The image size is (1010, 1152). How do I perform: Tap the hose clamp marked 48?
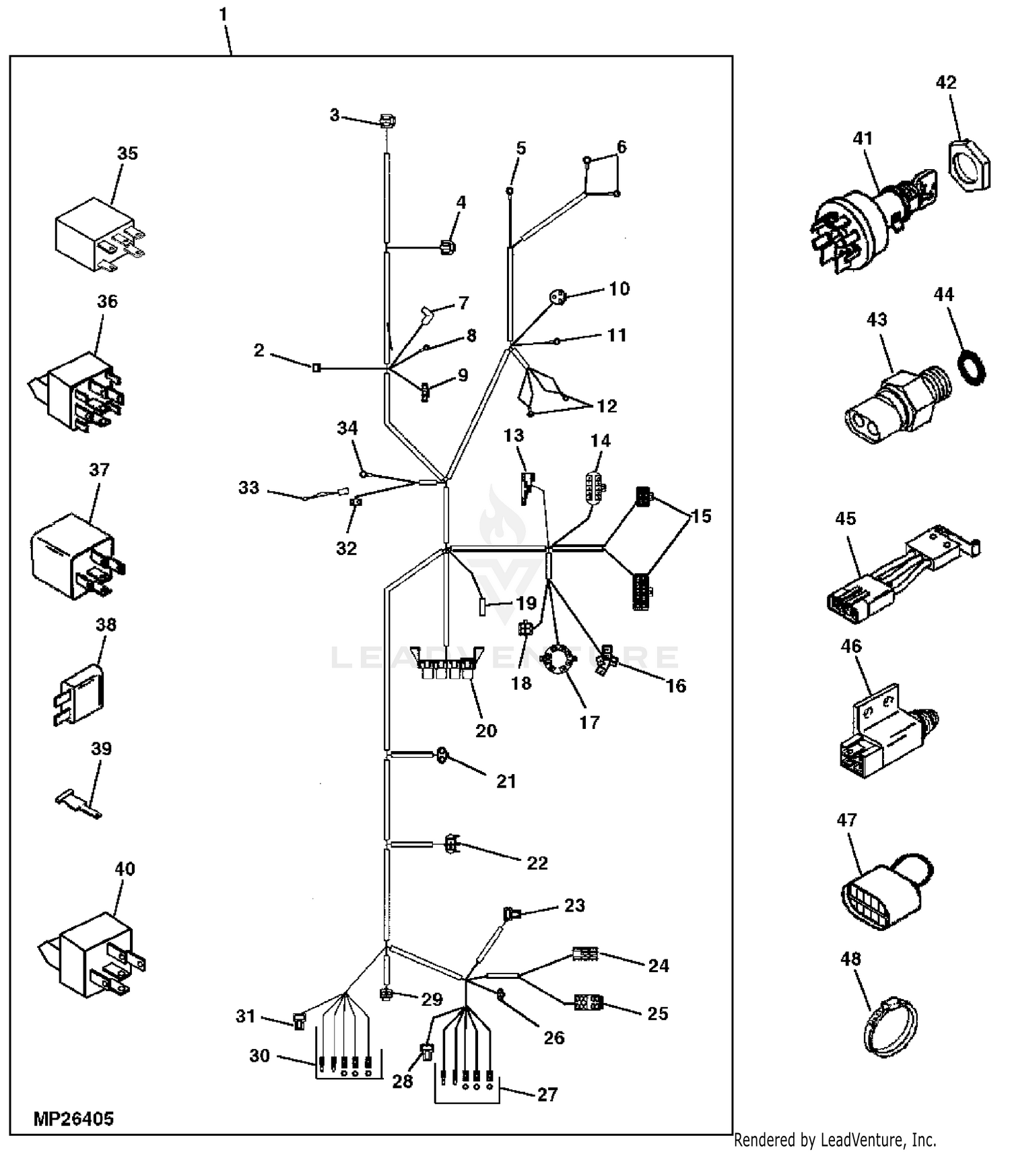[x=890, y=1027]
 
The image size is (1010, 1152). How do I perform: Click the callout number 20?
[x=485, y=730]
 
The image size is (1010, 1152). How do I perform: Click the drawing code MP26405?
[x=73, y=1119]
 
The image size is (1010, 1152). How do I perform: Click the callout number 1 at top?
[x=223, y=14]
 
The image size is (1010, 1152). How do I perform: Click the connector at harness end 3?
[x=386, y=122]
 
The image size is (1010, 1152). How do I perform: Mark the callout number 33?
[x=248, y=487]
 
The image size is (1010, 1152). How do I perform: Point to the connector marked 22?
[x=451, y=843]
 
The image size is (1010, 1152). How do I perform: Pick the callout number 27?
[x=547, y=1094]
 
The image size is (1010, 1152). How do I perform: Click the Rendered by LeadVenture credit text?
[x=834, y=1140]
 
